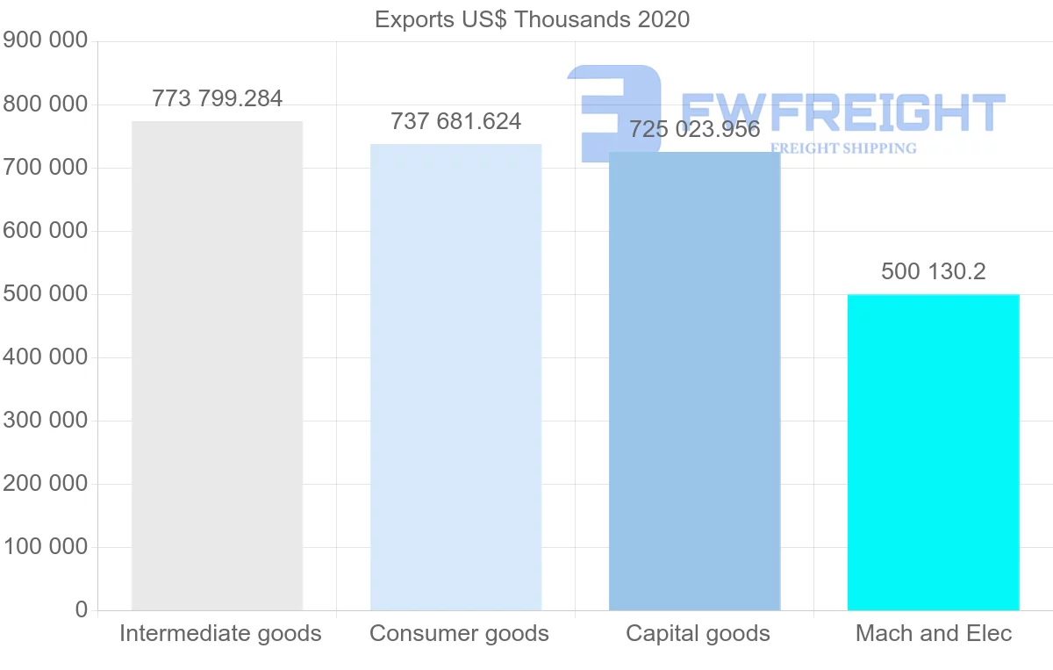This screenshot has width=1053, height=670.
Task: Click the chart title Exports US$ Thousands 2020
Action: click(x=532, y=19)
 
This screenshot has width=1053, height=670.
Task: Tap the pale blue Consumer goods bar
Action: click(x=455, y=377)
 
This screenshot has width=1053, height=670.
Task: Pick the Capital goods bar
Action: click(x=694, y=381)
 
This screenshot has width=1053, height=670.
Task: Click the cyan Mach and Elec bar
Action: click(x=933, y=452)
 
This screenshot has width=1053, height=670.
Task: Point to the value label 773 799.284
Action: click(x=217, y=98)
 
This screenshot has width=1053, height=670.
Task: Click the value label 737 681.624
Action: click(x=455, y=121)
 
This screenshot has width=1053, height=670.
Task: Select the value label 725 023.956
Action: click(x=694, y=130)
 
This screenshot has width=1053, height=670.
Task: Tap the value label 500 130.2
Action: click(x=933, y=271)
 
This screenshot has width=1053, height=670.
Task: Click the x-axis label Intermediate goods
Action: click(x=220, y=633)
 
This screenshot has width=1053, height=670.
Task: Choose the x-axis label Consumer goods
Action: click(x=459, y=633)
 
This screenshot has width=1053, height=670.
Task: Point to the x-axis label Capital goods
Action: click(x=698, y=633)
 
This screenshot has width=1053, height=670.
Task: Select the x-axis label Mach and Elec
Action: click(x=934, y=633)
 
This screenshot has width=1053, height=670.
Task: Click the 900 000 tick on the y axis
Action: click(x=45, y=40)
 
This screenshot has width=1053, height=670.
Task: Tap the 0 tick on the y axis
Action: click(x=82, y=609)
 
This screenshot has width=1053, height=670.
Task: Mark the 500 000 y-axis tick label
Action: click(x=45, y=293)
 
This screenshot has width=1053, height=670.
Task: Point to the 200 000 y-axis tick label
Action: click(x=45, y=483)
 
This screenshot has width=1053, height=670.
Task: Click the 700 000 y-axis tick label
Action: click(x=45, y=167)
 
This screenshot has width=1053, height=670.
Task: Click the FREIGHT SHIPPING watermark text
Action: click(x=842, y=148)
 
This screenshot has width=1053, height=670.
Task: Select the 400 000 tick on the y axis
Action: click(x=45, y=357)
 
